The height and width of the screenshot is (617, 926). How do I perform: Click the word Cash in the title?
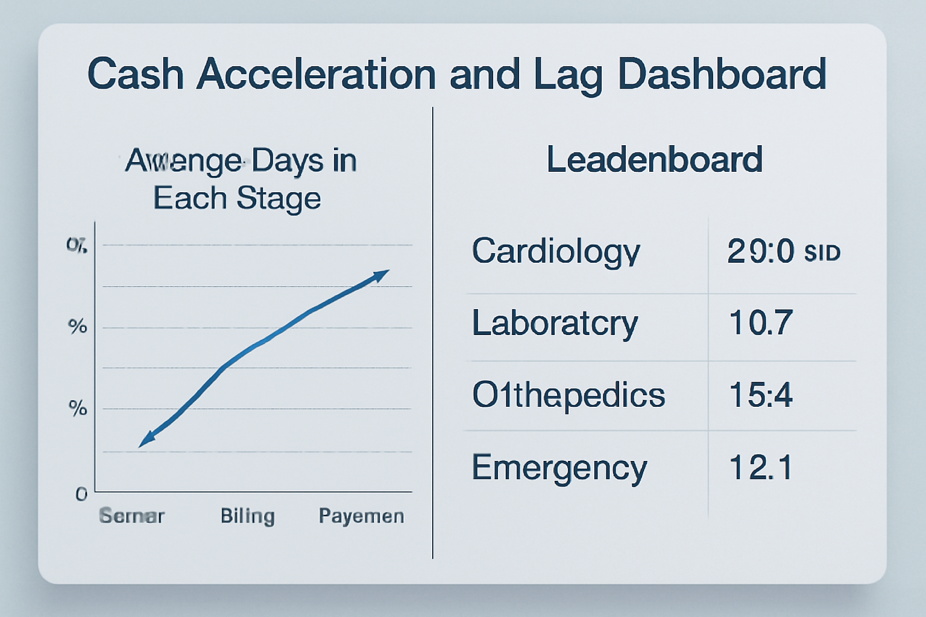tap(135, 75)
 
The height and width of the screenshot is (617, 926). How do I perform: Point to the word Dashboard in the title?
tap(722, 75)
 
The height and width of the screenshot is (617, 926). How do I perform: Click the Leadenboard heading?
tap(654, 160)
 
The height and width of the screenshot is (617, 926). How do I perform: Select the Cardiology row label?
tap(555, 251)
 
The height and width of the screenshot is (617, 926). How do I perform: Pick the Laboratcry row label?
tap(555, 324)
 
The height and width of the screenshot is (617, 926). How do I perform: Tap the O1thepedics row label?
tap(568, 395)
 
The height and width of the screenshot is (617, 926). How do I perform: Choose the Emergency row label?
tap(559, 468)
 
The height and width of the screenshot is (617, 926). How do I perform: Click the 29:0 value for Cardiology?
tap(760, 251)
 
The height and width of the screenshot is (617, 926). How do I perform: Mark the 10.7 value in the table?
tap(760, 323)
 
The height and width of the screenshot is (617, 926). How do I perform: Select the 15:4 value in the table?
tap(760, 395)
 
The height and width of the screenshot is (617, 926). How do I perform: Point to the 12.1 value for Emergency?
tap(760, 468)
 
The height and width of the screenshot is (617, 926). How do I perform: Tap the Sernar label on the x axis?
tap(131, 516)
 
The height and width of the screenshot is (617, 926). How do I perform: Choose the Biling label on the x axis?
tap(247, 516)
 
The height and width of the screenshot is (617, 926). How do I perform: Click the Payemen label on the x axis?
tap(361, 516)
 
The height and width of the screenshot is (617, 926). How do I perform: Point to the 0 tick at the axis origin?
tap(81, 495)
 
